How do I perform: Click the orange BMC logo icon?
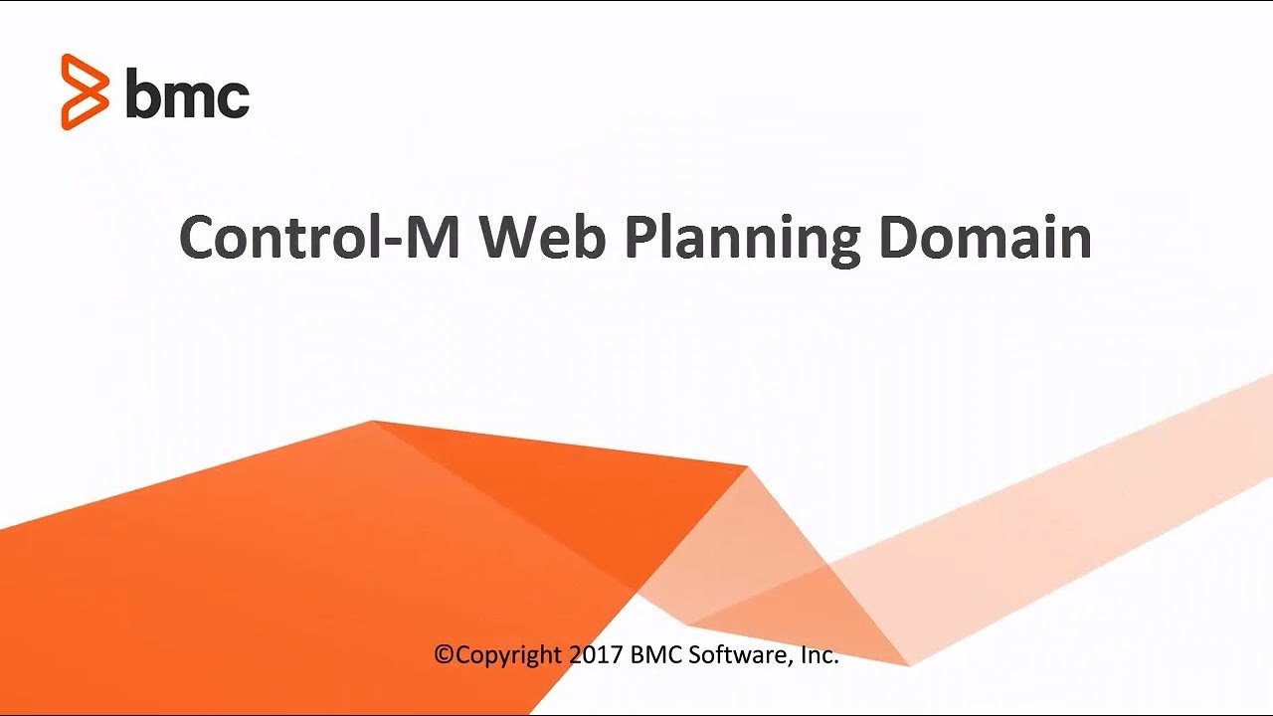[x=84, y=92]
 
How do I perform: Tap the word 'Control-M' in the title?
[x=318, y=239]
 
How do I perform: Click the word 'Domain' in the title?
[x=985, y=239]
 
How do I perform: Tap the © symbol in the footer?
[x=444, y=655]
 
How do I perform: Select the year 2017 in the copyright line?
[x=597, y=655]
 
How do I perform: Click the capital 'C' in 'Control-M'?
[x=198, y=239]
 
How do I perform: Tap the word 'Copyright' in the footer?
[x=508, y=655]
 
